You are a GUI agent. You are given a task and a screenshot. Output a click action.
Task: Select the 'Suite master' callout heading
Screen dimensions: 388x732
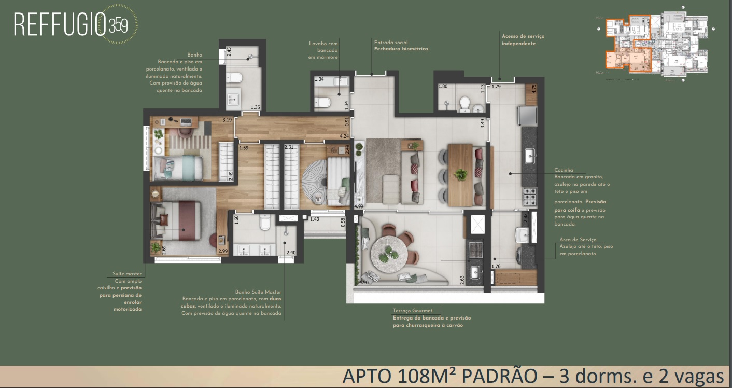pyautogui.click(x=126, y=274)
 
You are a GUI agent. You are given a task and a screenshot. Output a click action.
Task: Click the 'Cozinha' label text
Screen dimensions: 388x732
pyautogui.click(x=563, y=170)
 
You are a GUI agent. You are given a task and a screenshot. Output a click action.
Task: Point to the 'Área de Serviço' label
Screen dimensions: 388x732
pyautogui.click(x=578, y=240)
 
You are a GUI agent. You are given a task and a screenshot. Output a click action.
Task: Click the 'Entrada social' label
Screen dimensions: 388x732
pyautogui.click(x=390, y=43)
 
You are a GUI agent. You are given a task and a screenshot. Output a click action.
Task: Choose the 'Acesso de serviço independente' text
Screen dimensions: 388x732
pyautogui.click(x=523, y=40)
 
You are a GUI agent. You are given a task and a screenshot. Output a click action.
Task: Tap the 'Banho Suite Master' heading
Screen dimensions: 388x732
pyautogui.click(x=257, y=292)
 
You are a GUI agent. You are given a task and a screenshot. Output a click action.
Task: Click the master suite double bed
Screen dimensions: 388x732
pyautogui.click(x=176, y=220)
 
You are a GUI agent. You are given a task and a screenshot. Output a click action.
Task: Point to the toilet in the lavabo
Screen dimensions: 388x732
pyautogui.click(x=323, y=102)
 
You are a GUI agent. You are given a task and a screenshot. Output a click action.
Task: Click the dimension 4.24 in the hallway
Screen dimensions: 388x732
pyautogui.click(x=344, y=136)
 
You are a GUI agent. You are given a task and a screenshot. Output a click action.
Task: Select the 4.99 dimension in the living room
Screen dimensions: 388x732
pyautogui.click(x=358, y=206)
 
